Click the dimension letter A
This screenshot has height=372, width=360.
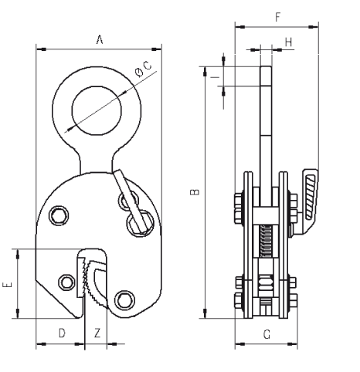100,40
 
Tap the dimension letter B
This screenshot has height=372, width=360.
195,192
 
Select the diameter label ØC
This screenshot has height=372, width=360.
144,69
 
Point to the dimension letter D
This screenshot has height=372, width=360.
62,333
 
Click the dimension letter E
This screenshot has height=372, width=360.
7,285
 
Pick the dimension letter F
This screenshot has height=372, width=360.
277,17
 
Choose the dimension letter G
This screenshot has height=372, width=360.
267,334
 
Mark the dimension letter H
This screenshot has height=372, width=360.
289,42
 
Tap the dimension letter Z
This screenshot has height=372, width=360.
97,333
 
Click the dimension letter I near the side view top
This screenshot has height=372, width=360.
215,76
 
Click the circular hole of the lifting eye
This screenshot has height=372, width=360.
97,110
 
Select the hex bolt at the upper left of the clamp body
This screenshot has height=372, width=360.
59,215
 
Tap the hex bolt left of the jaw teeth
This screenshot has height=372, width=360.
66,282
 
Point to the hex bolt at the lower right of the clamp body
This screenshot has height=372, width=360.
124,300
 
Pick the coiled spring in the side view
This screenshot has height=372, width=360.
266,241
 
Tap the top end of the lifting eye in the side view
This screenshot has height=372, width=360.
266,66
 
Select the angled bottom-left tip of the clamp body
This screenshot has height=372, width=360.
77,316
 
